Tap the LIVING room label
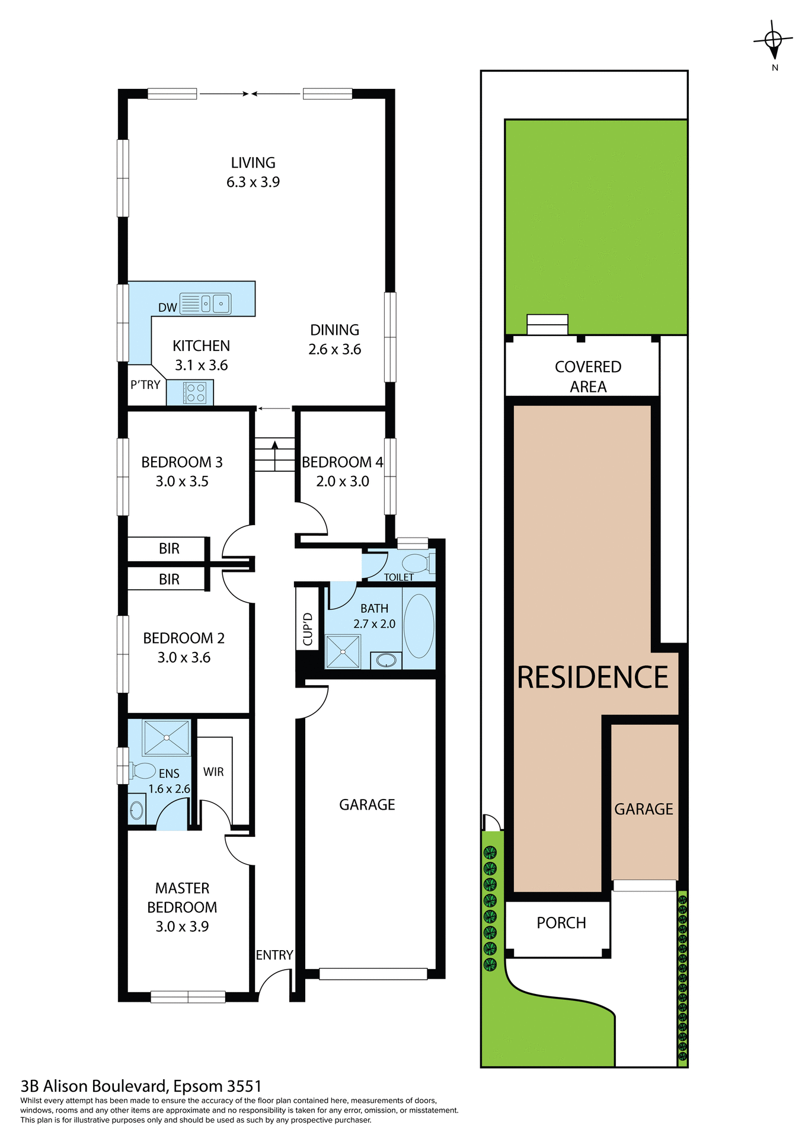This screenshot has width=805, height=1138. pos(253,163)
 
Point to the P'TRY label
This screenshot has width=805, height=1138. pos(145,385)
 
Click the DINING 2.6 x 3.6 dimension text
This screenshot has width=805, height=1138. pos(334,350)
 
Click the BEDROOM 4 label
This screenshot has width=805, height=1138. pos(342,462)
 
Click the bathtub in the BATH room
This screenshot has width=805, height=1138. pos(419,626)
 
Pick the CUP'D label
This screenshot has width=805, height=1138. pos(308,629)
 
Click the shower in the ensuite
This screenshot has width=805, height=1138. pos(167,737)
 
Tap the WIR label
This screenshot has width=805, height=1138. pos(213,772)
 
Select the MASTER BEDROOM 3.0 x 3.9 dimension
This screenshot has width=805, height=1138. pos(182,926)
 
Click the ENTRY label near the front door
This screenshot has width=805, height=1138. pos(274,955)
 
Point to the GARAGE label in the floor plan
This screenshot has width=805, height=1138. pos(367,804)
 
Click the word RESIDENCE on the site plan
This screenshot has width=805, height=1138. pos(592,677)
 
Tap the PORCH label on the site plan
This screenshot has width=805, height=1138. pos(561,923)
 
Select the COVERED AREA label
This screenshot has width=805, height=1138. pos(587,376)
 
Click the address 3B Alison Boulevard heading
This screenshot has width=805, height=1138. pos(141,1086)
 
